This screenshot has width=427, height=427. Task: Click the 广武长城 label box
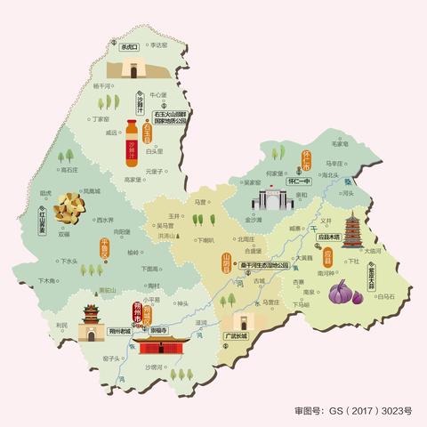(x=238, y=336)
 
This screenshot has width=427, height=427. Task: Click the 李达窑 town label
(x=157, y=43)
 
